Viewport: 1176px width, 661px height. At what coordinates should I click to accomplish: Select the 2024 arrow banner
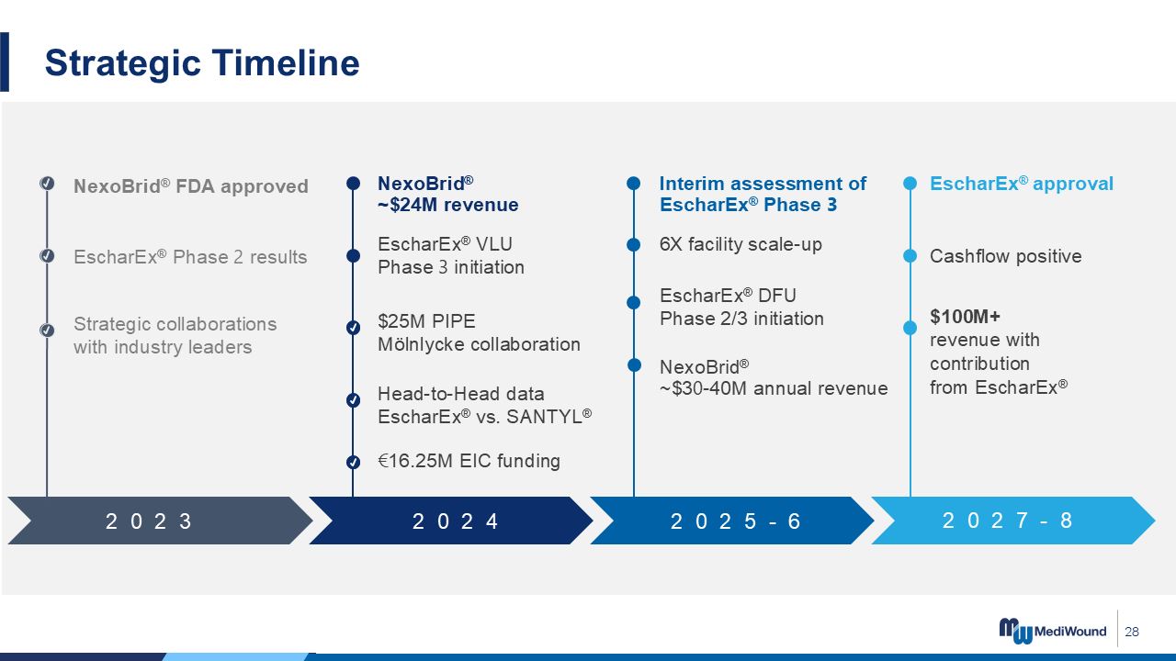[x=451, y=521]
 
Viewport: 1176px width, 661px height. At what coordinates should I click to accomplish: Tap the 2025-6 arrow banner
[x=732, y=521]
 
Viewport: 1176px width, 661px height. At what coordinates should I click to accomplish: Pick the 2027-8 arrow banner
[x=1013, y=521]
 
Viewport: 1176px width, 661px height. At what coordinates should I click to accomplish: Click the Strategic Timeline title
[x=202, y=63]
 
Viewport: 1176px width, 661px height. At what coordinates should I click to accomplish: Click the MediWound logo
[x=1052, y=631]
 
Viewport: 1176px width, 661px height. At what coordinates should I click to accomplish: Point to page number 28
[x=1132, y=632]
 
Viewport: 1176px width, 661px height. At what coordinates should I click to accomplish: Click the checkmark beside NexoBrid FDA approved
[x=47, y=183]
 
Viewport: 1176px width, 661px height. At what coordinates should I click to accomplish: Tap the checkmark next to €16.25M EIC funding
[x=354, y=462]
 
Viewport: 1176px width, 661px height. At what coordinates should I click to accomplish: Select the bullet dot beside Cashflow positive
[x=910, y=256]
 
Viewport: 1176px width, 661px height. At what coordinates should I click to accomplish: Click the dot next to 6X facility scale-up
[x=634, y=244]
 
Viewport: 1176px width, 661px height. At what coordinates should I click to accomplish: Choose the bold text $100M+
[x=965, y=317]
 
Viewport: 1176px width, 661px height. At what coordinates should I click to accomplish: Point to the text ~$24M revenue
[x=447, y=205]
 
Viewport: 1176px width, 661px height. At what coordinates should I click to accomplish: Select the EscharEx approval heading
[x=1021, y=184]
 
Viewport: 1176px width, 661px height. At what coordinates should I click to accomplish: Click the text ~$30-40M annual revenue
[x=774, y=388]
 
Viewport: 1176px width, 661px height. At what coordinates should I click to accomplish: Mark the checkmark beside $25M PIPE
[x=354, y=328]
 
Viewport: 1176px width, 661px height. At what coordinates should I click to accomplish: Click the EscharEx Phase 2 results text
[x=190, y=257]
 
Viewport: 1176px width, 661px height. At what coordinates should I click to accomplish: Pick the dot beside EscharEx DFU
[x=634, y=303]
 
